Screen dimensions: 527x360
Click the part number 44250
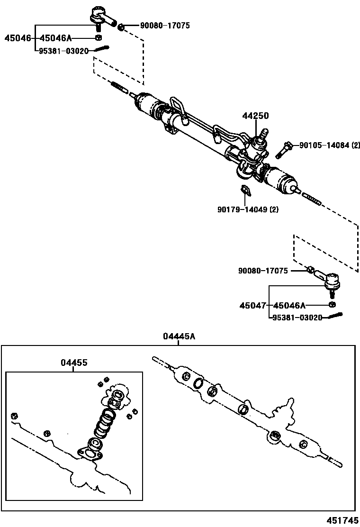click(x=256, y=116)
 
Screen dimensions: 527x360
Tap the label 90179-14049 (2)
click(x=248, y=209)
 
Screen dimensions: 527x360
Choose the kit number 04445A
click(x=179, y=336)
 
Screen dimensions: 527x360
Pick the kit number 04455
click(x=73, y=363)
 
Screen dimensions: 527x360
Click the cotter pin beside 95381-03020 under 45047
click(x=334, y=315)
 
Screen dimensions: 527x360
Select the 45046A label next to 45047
click(x=290, y=306)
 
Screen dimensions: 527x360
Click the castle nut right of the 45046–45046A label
click(x=98, y=38)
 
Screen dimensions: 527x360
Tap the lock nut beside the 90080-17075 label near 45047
click(x=310, y=270)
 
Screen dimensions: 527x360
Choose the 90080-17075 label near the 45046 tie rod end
click(x=164, y=26)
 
